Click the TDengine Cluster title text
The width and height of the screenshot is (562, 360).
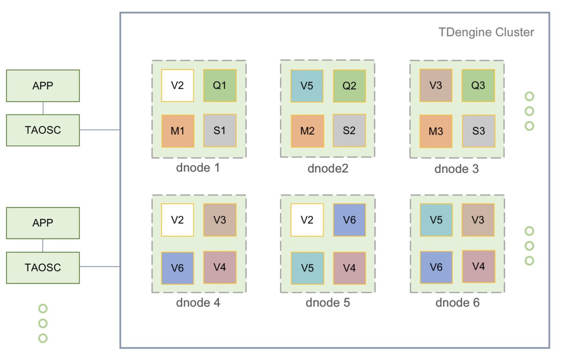click(x=487, y=32)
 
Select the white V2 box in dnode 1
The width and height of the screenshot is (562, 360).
click(x=177, y=85)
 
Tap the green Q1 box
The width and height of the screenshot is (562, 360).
click(x=220, y=85)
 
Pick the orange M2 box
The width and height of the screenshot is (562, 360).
click(x=307, y=130)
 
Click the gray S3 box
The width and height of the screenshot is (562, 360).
click(x=478, y=130)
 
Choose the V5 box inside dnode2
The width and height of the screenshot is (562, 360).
click(x=307, y=86)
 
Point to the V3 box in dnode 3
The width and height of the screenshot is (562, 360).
click(x=436, y=85)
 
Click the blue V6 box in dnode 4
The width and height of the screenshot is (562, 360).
click(x=177, y=268)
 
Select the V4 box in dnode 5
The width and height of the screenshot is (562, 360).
click(x=349, y=268)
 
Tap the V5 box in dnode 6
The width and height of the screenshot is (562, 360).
click(x=436, y=219)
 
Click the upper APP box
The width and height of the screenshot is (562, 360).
click(x=43, y=85)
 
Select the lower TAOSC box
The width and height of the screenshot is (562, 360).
click(x=43, y=267)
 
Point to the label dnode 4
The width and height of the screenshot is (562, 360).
click(x=198, y=303)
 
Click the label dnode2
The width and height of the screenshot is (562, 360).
click(x=328, y=168)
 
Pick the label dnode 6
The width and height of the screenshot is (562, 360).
click(x=457, y=303)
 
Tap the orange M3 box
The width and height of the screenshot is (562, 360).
click(x=436, y=130)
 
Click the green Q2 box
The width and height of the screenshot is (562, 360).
click(x=349, y=86)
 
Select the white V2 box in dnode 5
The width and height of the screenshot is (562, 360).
click(x=307, y=219)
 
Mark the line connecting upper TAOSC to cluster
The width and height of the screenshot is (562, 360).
click(x=100, y=129)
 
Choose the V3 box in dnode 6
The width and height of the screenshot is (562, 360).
click(x=478, y=219)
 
